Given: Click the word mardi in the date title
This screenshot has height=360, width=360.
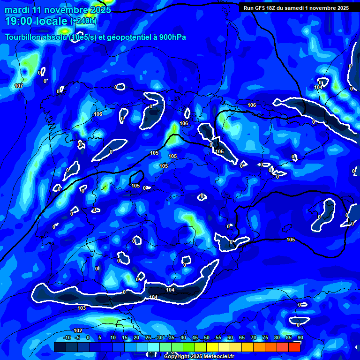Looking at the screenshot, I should tap(17, 10).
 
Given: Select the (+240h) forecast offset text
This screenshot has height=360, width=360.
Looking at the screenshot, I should tap(83, 21).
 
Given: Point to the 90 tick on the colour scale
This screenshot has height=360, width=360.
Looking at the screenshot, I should tap(300, 337).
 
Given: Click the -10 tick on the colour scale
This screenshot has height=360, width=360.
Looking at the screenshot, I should tap(67, 337).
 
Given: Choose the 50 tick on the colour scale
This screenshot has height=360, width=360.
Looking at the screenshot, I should tap(207, 337).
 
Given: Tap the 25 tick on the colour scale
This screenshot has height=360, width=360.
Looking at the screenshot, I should tap(148, 337).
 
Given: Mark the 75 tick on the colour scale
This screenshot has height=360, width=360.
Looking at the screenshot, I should tap(265, 337).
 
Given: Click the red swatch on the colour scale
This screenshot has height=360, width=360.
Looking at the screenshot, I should tap(294, 347).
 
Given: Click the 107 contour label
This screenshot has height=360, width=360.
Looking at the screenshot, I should tap(19, 86).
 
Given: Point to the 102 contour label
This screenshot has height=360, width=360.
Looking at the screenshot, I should tap(78, 330).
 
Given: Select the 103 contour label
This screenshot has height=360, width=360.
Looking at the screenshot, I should tap(82, 308).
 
